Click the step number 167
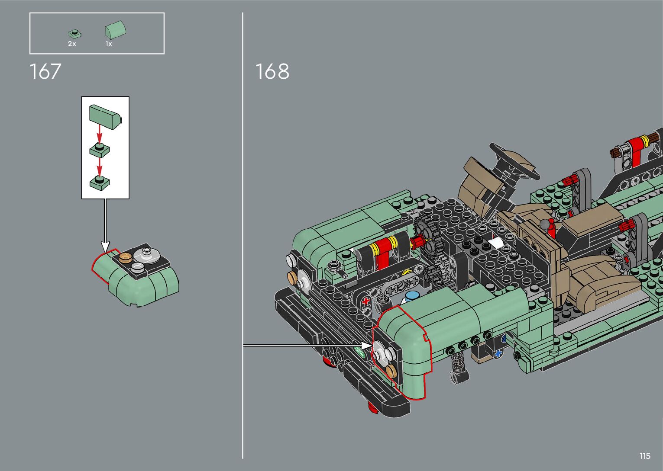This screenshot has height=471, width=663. [x=45, y=71]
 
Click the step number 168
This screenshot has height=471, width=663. [x=272, y=71]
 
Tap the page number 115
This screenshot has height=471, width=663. [x=645, y=456]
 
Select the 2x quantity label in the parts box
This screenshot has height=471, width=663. [x=72, y=44]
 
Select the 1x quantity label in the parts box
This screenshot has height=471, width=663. [x=109, y=44]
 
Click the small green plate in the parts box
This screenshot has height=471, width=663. [x=74, y=33]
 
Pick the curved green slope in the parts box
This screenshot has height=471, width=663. [x=116, y=29]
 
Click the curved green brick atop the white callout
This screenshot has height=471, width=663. [x=105, y=117]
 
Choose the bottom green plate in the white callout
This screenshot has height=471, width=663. [x=100, y=182]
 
